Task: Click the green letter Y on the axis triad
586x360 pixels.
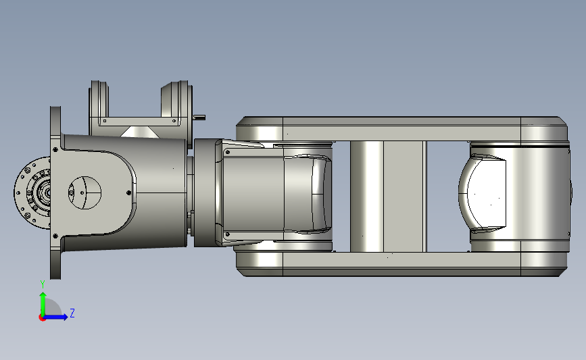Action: (x=43, y=284)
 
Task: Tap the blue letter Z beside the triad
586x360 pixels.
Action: (x=72, y=313)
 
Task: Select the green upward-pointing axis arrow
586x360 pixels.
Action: (x=43, y=304)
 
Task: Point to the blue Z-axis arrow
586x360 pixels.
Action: (x=55, y=317)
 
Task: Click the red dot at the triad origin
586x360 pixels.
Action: (x=42, y=318)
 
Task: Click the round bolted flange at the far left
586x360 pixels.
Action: (x=32, y=192)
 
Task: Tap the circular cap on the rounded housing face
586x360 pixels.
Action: (x=84, y=192)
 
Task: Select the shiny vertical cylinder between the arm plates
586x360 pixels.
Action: (x=366, y=197)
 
